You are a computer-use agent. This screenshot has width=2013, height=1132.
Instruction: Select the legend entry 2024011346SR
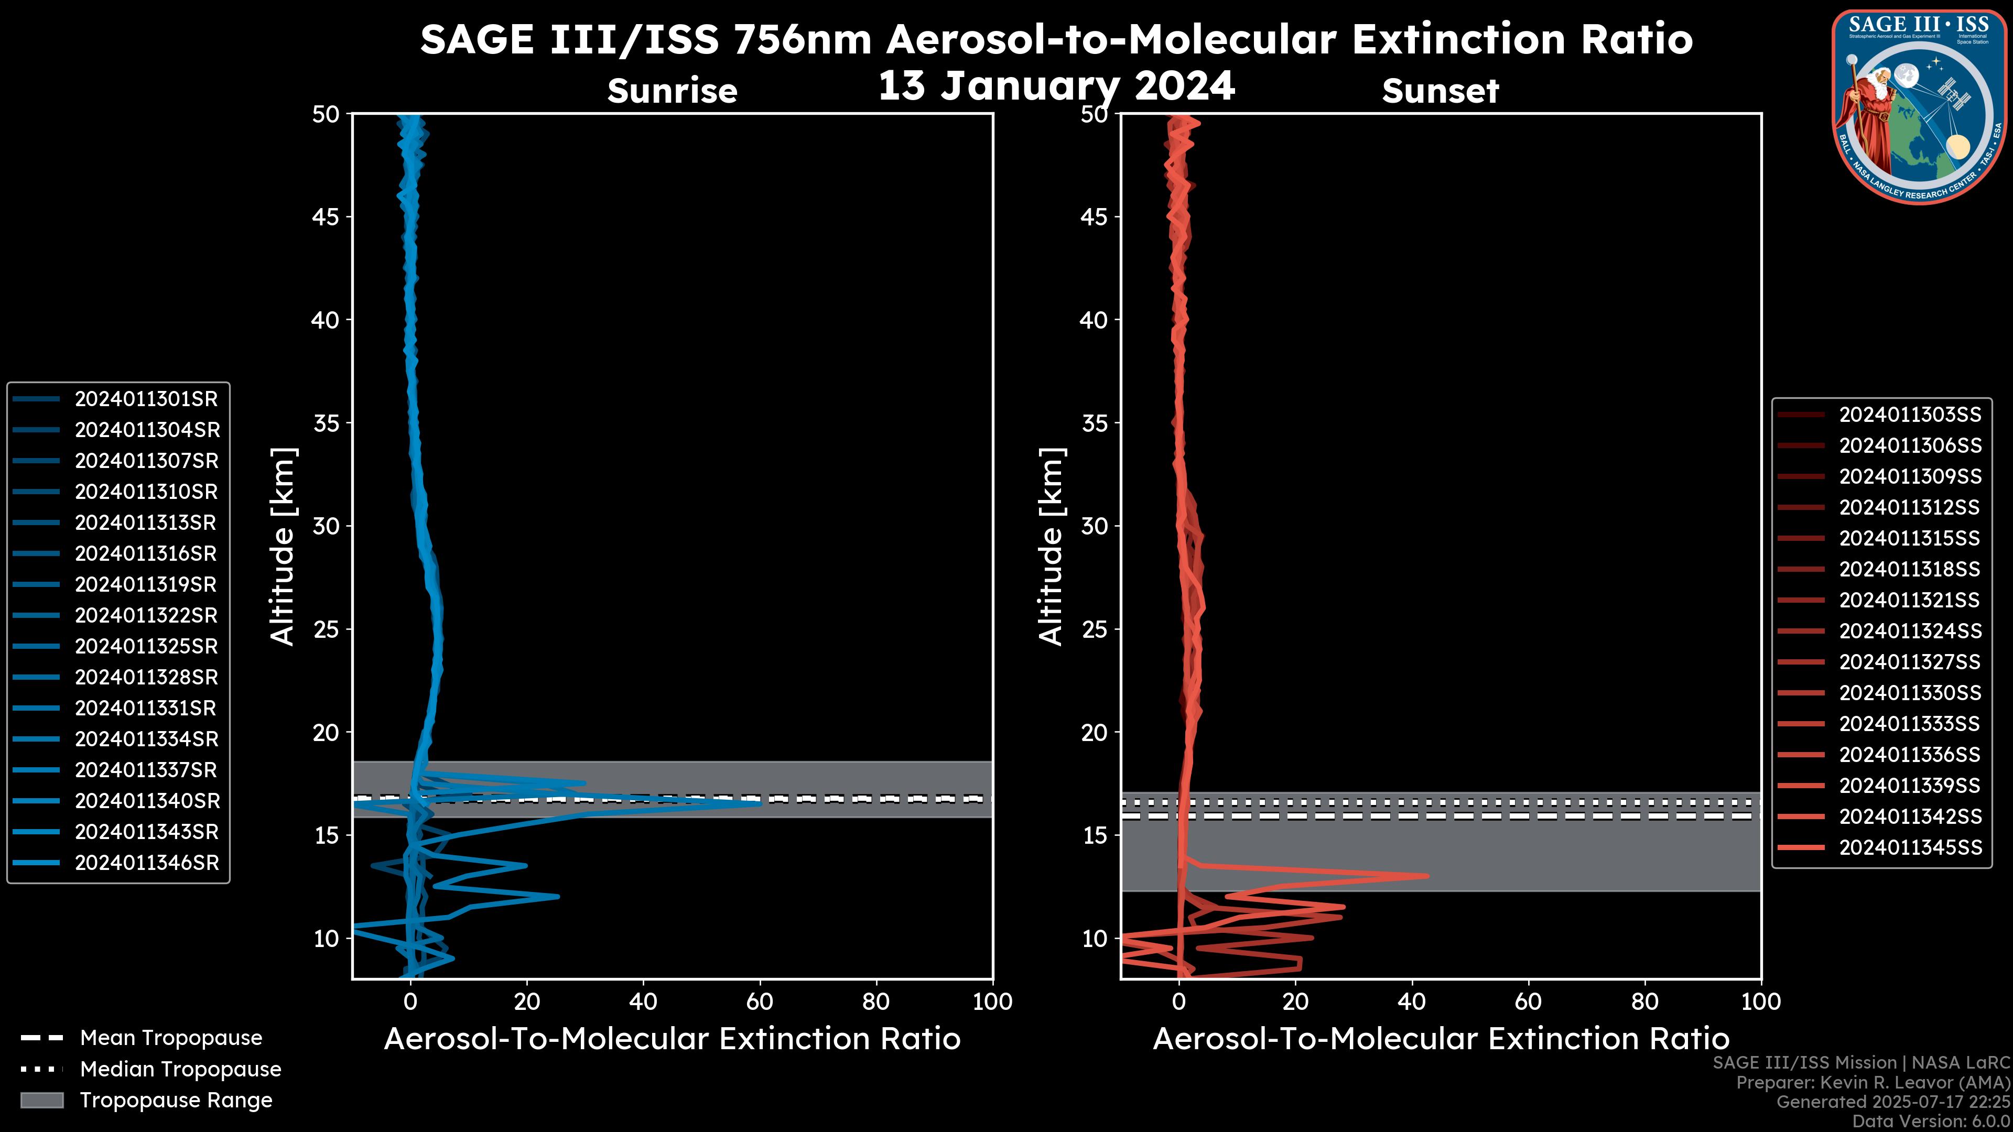click(146, 863)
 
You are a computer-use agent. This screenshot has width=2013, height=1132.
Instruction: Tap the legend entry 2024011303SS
click(1910, 415)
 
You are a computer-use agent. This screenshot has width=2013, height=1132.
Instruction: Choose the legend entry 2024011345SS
click(1910, 847)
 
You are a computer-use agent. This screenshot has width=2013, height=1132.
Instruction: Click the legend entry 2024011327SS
click(1910, 662)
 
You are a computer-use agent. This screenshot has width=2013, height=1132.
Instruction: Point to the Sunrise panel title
click(672, 91)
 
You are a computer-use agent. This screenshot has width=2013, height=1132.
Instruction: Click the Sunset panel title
click(1440, 91)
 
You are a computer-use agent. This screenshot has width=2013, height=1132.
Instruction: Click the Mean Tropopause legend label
click(171, 1038)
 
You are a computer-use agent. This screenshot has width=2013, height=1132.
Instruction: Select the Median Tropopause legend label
click(180, 1070)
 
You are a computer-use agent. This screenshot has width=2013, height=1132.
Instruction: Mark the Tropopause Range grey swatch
click(42, 1101)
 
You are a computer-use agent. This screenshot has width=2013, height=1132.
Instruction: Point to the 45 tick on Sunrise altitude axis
click(326, 217)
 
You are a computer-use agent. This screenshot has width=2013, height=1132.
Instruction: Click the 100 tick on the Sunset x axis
click(1761, 1003)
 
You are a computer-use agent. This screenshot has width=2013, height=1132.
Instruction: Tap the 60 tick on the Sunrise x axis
click(760, 1003)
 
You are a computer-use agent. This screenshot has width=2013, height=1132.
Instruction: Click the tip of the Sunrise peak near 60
click(760, 802)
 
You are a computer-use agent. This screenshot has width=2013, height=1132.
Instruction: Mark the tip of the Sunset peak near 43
click(1427, 876)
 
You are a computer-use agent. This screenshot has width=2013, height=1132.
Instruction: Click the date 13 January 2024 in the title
click(1056, 86)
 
